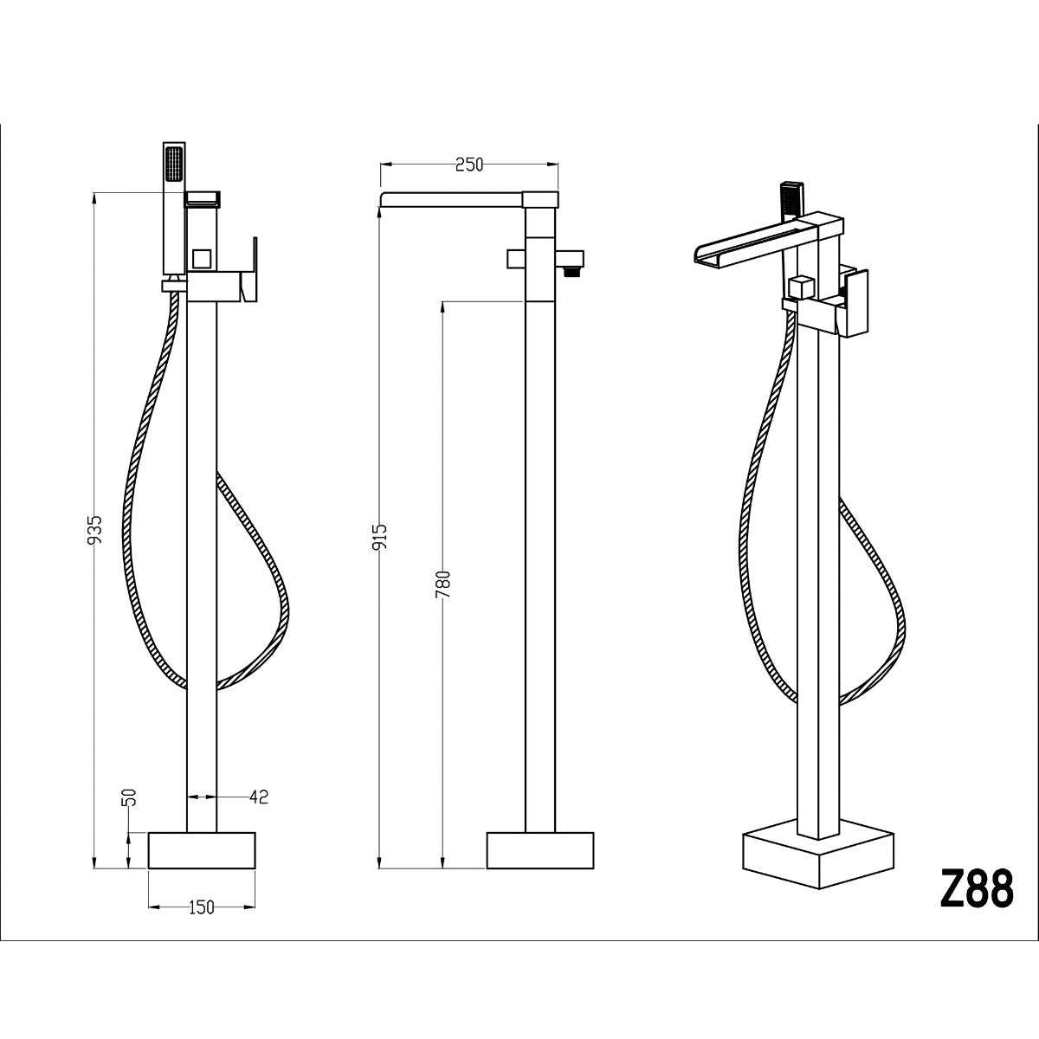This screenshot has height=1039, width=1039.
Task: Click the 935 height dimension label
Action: tap(96, 529)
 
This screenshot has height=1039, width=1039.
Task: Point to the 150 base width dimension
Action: tap(201, 907)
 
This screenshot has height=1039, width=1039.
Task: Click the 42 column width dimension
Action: tap(258, 797)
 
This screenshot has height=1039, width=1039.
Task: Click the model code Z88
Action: tap(975, 888)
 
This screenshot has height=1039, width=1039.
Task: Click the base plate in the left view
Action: tap(203, 850)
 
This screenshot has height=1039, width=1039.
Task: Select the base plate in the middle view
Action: tap(540, 850)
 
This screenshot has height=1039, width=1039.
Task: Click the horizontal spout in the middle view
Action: tap(455, 200)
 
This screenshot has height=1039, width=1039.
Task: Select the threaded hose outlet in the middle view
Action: tap(571, 271)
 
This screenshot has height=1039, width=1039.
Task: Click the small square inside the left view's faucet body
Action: tap(203, 258)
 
